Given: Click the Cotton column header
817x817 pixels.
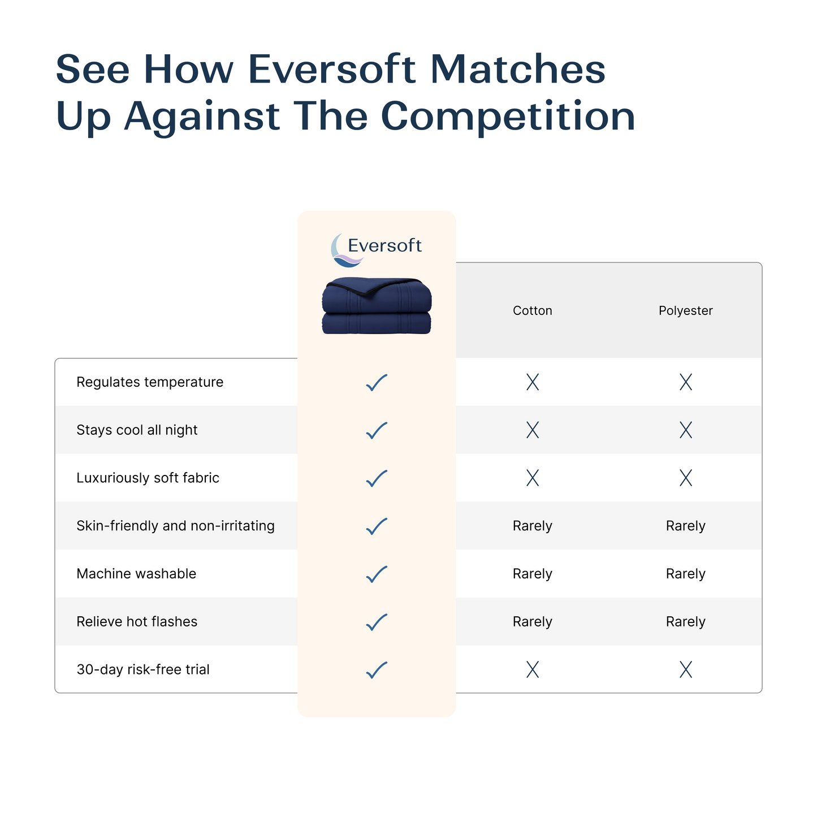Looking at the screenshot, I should click(x=532, y=310).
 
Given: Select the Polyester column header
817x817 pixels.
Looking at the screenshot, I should click(x=685, y=310).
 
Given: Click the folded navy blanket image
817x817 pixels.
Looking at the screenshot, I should click(x=377, y=306).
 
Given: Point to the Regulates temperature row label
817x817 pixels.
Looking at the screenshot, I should click(x=150, y=382).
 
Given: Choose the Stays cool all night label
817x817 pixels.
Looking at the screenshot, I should click(x=137, y=430).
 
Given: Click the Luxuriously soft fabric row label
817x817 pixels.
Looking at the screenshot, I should click(x=148, y=478).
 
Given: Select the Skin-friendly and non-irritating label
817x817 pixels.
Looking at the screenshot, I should click(x=175, y=526).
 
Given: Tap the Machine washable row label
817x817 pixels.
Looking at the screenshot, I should click(x=136, y=574).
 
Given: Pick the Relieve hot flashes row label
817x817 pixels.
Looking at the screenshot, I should click(x=137, y=622).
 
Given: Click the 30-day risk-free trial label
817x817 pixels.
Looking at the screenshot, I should click(x=143, y=669).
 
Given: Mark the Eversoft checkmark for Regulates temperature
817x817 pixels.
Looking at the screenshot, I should click(x=377, y=383).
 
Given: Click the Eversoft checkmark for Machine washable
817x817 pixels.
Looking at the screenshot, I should click(x=377, y=574).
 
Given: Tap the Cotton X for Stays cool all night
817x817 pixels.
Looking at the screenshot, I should click(x=532, y=430).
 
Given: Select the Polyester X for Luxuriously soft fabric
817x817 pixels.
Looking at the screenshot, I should click(x=685, y=478).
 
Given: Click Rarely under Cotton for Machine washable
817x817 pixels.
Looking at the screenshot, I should click(x=532, y=574).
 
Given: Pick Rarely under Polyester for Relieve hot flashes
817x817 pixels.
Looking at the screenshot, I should click(x=685, y=622).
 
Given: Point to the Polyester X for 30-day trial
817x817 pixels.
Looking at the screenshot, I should click(x=685, y=670).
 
